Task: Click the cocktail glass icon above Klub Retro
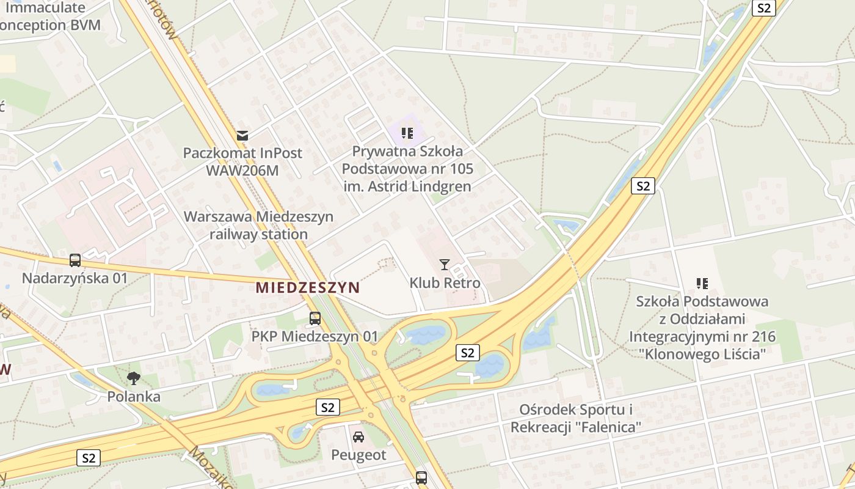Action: [445, 264]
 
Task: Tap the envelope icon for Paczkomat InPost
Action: [243, 135]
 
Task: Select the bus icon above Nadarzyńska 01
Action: [75, 260]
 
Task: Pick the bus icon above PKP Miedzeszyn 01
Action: [315, 318]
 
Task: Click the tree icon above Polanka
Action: [134, 378]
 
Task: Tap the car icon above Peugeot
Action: [358, 436]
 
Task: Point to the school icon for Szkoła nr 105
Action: [407, 133]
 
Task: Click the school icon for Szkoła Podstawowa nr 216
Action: [702, 283]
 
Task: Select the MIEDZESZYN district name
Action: [307, 287]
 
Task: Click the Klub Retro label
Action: [445, 283]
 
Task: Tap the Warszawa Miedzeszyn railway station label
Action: [258, 225]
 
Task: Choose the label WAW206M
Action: [242, 171]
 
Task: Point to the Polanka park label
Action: [134, 397]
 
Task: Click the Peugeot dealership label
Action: [358, 455]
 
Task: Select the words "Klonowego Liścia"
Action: [702, 355]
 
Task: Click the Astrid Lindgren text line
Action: [407, 186]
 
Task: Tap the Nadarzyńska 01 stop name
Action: [75, 279]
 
